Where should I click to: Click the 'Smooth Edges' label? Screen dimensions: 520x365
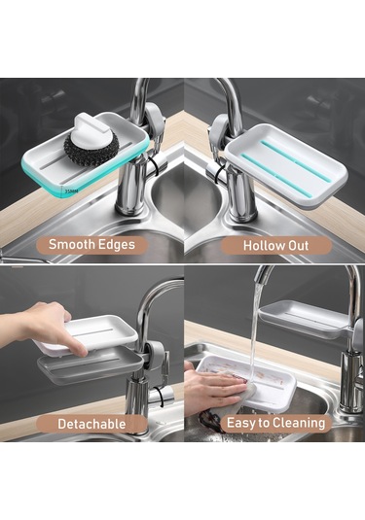click(91, 245)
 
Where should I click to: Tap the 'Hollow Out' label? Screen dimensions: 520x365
click(275, 245)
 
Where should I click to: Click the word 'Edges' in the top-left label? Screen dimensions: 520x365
click(116, 245)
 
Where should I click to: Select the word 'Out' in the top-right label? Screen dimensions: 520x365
click(296, 245)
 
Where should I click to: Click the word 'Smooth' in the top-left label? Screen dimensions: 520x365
click(70, 245)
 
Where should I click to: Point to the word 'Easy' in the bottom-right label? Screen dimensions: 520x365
click(241, 423)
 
